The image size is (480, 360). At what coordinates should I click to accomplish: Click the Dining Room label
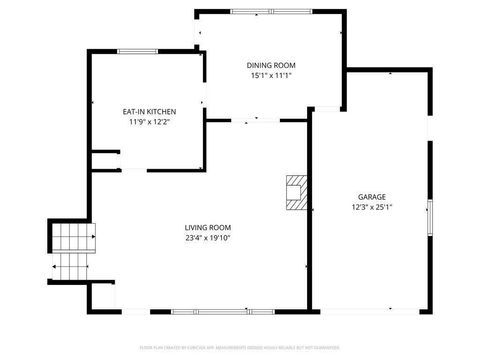(x=271, y=65)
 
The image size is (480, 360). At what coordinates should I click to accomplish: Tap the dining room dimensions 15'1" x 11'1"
(x=271, y=75)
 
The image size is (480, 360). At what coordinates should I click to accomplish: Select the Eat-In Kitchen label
(x=149, y=111)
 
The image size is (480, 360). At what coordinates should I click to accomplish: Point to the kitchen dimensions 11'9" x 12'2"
(x=149, y=122)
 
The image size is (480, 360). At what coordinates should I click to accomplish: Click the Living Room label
(x=207, y=227)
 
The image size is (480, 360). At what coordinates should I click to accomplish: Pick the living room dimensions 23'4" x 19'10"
(x=207, y=238)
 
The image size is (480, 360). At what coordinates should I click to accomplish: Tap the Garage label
(x=372, y=197)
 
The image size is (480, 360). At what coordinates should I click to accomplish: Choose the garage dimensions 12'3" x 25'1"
(x=372, y=208)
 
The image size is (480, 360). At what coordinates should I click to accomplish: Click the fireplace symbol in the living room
(x=296, y=192)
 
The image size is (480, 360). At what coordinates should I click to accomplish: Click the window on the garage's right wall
(x=429, y=219)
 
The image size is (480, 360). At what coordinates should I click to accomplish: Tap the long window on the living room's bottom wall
(x=212, y=311)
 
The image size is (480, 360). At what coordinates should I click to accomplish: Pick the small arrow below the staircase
(x=53, y=268)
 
